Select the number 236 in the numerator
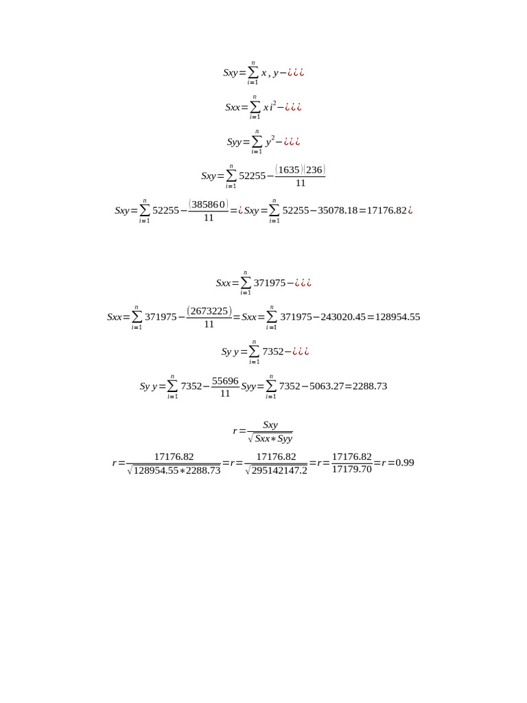pos(314,170)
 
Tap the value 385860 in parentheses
pos(209,204)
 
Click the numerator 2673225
pos(209,310)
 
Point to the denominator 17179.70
pos(351,470)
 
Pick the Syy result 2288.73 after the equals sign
pos(370,387)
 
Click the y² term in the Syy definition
pos(270,141)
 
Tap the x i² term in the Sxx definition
pos(269,107)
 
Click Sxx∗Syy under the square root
pos(274,439)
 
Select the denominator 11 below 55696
pos(225,393)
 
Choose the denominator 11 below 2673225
pos(209,324)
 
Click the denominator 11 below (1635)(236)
pos(301,183)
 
